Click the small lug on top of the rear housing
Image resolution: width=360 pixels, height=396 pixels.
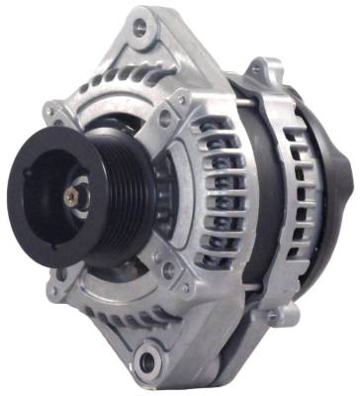click(x=261, y=71)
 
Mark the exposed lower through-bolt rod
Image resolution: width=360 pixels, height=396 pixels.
click(x=237, y=288)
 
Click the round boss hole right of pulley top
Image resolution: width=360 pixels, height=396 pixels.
click(x=165, y=117)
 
